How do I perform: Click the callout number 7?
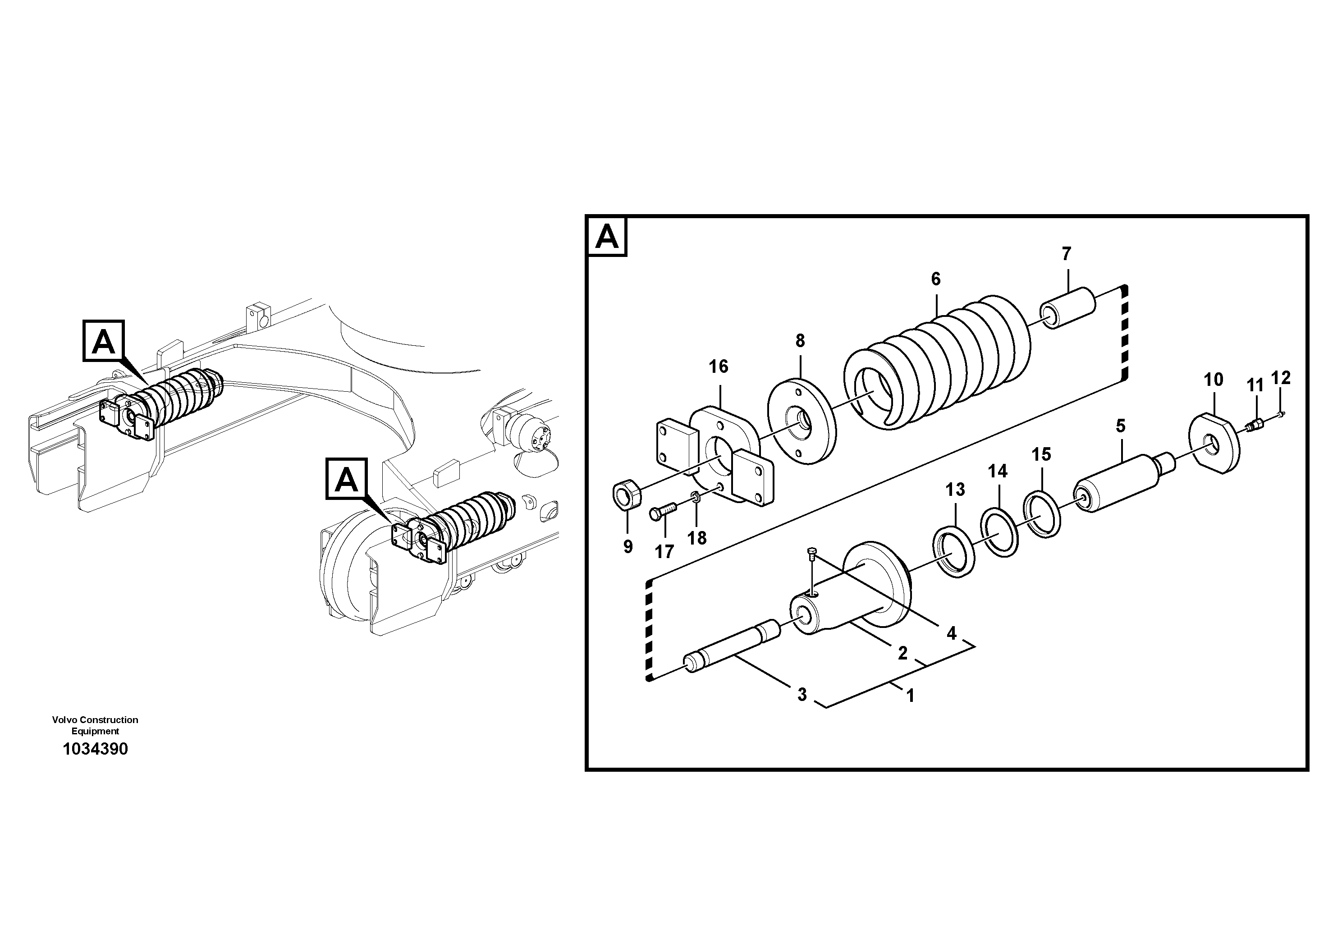[1067, 254]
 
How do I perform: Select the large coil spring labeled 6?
[935, 362]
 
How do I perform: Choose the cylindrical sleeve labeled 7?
[1068, 308]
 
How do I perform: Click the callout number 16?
[719, 367]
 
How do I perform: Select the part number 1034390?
[95, 749]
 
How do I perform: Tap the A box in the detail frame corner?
[607, 237]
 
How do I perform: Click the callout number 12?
[1281, 378]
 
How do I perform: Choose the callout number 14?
[998, 471]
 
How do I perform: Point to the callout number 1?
[910, 696]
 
